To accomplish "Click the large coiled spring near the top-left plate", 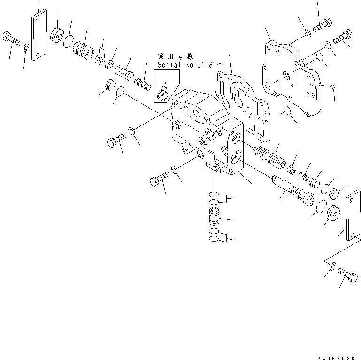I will [83, 48].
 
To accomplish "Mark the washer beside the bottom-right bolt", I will [332, 267].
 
